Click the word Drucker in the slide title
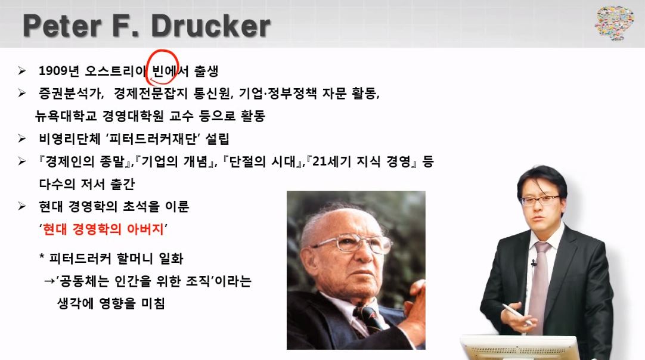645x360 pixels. click(x=211, y=26)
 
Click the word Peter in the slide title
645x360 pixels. click(x=63, y=26)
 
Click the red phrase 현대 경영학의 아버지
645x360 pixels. click(x=103, y=229)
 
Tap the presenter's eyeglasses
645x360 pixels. click(x=540, y=200)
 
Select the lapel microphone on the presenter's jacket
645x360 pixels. click(x=534, y=262)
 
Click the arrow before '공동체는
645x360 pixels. click(x=49, y=281)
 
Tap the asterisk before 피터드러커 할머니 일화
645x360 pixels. click(x=42, y=256)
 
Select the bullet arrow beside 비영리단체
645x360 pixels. click(x=22, y=139)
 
